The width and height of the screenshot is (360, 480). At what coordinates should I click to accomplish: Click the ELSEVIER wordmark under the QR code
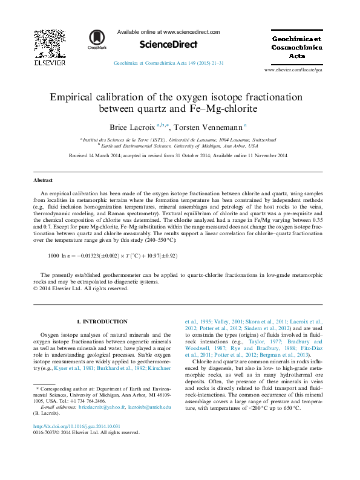point(49,62)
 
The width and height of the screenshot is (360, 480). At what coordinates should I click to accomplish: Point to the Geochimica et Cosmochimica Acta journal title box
point(296,46)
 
